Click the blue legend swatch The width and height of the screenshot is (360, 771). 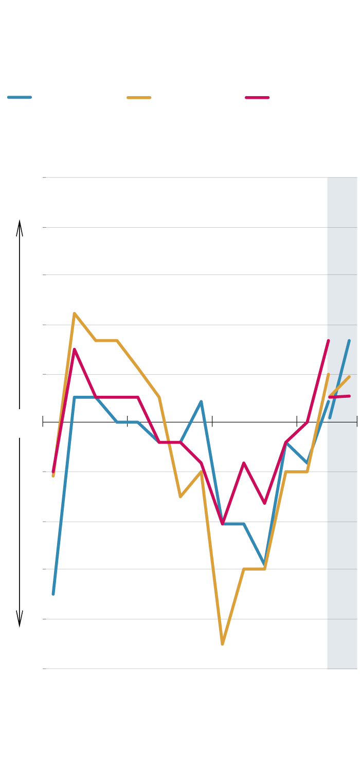pos(20,97)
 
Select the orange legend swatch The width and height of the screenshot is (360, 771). pos(139,97)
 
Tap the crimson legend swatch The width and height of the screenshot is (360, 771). pos(257,97)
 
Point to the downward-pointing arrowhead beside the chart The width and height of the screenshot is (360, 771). pos(20,620)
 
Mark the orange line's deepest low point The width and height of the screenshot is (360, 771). pos(222,644)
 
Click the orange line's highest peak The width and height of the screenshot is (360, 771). pos(75,313)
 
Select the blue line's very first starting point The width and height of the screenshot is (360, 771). pos(53,594)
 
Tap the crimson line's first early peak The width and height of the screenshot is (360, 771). pos(75,350)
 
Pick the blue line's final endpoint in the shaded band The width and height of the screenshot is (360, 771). pos(349,340)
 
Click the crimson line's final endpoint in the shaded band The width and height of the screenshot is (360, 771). pos(350,396)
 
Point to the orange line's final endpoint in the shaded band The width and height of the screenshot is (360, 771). pos(350,377)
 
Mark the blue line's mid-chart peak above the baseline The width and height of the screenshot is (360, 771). pos(201,401)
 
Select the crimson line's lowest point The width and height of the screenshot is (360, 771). pos(222,524)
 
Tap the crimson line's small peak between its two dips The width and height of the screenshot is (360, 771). pos(244,463)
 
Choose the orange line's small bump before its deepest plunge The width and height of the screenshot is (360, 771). pos(201,471)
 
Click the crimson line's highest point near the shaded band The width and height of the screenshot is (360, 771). pos(328,341)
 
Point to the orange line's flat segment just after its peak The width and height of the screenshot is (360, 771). pos(106,340)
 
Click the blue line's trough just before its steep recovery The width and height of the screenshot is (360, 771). pos(265,564)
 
